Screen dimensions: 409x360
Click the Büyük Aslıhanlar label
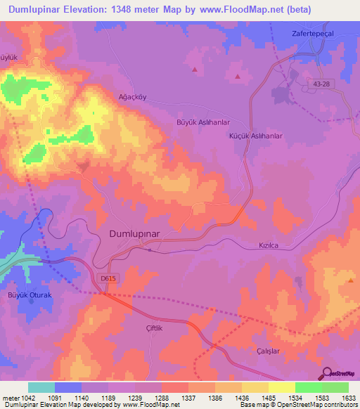pyautogui.click(x=202, y=122)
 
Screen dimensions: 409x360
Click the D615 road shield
pyautogui.click(x=108, y=279)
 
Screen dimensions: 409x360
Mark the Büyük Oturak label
pyautogui.click(x=30, y=295)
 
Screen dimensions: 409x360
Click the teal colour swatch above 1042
pyautogui.click(x=41, y=387)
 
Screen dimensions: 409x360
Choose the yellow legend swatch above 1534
pyautogui.click(x=281, y=387)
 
